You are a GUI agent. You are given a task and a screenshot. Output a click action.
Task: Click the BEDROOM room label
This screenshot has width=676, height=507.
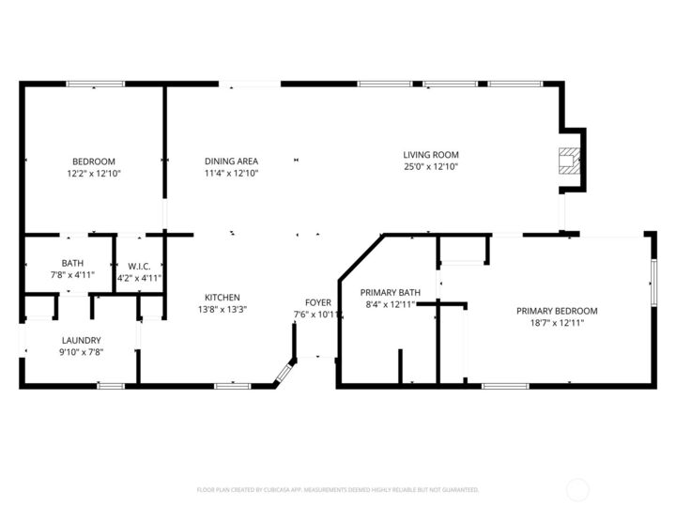pos(94,161)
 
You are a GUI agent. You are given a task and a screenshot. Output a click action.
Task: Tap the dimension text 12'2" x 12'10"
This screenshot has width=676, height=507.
pos(94,174)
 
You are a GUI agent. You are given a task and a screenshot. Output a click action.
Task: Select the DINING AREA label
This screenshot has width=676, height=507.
pos(231,161)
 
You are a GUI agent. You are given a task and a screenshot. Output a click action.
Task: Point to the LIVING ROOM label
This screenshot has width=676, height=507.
pos(431,155)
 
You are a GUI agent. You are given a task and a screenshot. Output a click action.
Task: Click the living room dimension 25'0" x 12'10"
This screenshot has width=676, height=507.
pos(431,167)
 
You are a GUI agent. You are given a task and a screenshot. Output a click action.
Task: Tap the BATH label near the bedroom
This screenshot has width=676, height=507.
pos(72,264)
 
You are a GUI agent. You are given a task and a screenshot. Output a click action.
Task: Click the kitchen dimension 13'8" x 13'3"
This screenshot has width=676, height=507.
pos(222,310)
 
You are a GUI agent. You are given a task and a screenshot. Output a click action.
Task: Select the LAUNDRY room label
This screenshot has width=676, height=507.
pos(82,340)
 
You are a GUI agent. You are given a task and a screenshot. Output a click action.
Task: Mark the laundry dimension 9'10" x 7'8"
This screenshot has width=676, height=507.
pos(82,352)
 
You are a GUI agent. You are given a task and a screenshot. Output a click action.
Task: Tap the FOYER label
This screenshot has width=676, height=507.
pos(318,302)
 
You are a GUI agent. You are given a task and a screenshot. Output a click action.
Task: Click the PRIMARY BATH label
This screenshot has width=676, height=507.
pos(390,292)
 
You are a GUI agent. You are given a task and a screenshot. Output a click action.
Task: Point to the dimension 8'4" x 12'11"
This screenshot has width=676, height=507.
pos(390,304)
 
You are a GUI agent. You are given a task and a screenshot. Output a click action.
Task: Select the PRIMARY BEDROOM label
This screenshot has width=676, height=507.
pos(557,311)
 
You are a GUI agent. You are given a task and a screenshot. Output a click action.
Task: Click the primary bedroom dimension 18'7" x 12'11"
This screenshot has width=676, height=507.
pos(557,323)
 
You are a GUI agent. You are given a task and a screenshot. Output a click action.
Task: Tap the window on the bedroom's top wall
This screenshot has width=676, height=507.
pos(95,84)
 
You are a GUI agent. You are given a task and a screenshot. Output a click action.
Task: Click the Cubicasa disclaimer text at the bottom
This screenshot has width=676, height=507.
pos(338,489)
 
